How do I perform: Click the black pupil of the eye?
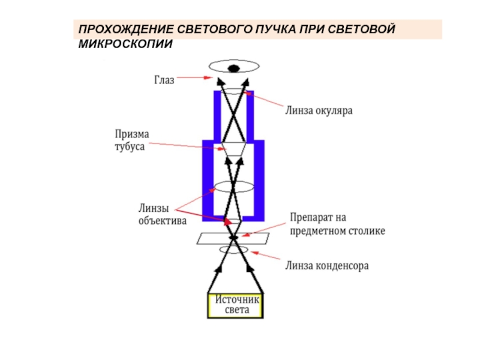click(x=233, y=68)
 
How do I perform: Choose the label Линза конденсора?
click(x=326, y=265)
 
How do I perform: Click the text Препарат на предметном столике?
click(x=337, y=223)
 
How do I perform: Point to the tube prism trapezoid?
click(x=233, y=149)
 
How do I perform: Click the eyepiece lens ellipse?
click(x=233, y=94)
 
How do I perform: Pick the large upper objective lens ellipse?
click(x=235, y=186)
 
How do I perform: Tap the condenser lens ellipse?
click(x=230, y=248)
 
